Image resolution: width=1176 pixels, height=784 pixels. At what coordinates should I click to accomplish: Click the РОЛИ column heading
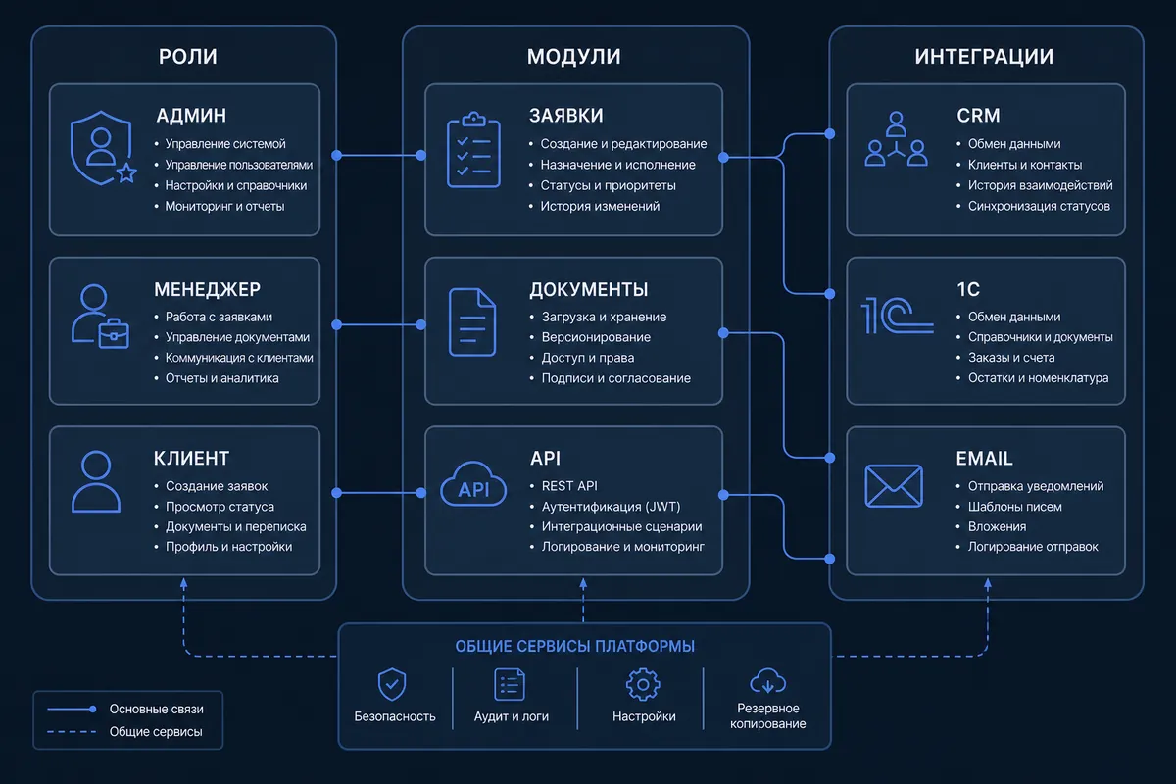pyautogui.click(x=188, y=57)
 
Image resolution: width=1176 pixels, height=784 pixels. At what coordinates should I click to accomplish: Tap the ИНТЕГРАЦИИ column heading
pyautogui.click(x=984, y=57)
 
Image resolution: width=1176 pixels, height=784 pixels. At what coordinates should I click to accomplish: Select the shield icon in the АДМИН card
pyautogui.click(x=101, y=148)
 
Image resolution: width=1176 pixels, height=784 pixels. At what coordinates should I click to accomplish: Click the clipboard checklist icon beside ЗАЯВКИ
pyautogui.click(x=473, y=150)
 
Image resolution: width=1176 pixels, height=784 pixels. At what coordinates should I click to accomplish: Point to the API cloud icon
pyautogui.click(x=473, y=484)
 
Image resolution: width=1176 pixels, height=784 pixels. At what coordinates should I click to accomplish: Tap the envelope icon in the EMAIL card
pyautogui.click(x=894, y=486)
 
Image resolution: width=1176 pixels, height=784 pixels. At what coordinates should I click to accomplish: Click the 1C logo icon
pyautogui.click(x=898, y=316)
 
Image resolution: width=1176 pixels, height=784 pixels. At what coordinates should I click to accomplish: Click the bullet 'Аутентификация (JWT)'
pyautogui.click(x=612, y=507)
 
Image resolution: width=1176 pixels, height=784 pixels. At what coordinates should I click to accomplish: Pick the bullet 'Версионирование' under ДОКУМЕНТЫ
pyautogui.click(x=596, y=337)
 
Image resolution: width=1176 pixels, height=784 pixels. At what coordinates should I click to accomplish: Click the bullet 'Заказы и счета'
pyautogui.click(x=1011, y=358)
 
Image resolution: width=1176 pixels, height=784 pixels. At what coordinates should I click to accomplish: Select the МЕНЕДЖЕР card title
pyautogui.click(x=208, y=289)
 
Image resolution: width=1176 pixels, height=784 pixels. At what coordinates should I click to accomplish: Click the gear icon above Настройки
pyautogui.click(x=643, y=684)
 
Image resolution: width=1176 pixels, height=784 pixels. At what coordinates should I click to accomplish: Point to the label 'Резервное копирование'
pyautogui.click(x=767, y=715)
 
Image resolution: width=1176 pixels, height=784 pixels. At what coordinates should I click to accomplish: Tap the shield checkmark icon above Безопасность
pyautogui.click(x=392, y=684)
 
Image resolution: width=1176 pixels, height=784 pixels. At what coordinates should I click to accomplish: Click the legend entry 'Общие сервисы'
pyautogui.click(x=156, y=731)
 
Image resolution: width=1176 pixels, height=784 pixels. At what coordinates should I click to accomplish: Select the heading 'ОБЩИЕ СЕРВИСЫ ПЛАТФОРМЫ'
pyautogui.click(x=575, y=647)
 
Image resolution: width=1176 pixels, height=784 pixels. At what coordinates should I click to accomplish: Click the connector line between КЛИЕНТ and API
pyautogui.click(x=379, y=493)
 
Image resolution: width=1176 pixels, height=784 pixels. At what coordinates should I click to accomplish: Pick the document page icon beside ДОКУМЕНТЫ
pyautogui.click(x=472, y=321)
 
